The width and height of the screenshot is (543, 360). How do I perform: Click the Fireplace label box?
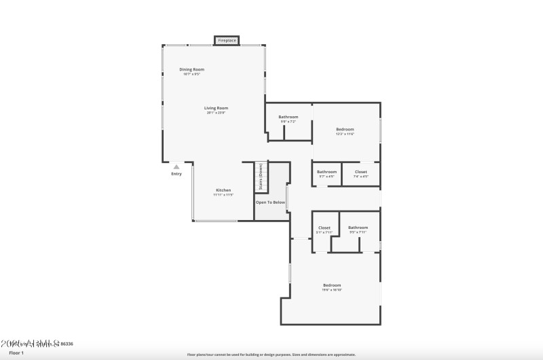227,41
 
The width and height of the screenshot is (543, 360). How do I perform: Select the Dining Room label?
191,69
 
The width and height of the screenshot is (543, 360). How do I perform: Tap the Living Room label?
216,108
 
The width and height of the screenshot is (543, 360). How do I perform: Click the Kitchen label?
223,190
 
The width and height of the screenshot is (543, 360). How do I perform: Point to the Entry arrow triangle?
176,166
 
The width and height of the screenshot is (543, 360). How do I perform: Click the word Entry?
176,174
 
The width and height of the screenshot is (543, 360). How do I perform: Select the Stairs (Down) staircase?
261,177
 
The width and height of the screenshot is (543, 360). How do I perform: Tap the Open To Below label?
269,202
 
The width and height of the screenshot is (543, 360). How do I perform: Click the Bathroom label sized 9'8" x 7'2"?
288,117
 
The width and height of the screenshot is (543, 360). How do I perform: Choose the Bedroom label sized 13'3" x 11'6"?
345,129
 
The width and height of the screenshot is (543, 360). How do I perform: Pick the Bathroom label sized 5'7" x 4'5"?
326,172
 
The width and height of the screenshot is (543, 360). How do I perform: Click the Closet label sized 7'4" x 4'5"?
360,172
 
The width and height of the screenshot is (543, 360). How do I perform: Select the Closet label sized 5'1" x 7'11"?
324,228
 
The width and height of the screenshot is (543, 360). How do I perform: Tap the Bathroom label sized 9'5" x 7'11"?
358,228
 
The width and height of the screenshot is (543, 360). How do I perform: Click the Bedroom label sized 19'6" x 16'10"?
331,285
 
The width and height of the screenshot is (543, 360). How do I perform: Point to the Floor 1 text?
16,353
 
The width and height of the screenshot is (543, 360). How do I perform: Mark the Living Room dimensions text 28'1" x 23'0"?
216,113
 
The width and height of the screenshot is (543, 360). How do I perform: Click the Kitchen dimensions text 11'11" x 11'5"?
223,195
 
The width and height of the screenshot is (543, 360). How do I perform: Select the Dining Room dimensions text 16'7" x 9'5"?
191,74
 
